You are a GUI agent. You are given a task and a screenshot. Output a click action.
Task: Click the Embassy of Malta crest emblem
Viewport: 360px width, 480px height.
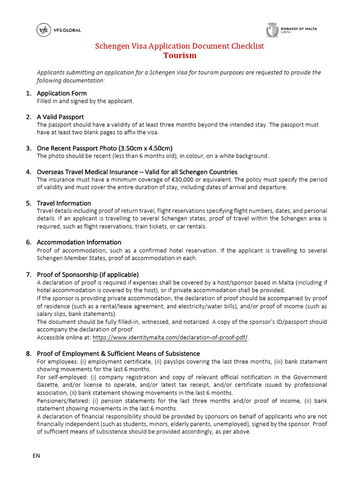(271, 30)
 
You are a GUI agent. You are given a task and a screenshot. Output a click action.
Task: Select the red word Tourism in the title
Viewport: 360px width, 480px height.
(180, 56)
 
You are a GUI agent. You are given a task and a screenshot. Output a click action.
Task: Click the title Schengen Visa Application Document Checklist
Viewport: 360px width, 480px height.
(180, 46)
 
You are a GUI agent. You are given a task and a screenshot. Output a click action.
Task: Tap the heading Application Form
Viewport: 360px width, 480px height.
(61, 93)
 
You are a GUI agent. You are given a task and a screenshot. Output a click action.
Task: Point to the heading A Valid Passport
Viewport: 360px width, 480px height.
(60, 117)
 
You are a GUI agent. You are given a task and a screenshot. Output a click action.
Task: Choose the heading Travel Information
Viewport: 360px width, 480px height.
(64, 203)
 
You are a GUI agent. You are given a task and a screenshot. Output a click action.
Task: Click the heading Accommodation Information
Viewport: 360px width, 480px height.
(79, 242)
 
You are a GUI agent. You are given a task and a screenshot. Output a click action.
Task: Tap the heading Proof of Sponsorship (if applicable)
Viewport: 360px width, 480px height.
(88, 274)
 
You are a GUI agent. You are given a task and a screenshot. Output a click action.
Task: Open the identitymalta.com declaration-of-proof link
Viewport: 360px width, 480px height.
(170, 337)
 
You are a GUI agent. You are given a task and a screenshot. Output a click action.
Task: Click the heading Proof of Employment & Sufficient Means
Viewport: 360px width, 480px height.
(118, 353)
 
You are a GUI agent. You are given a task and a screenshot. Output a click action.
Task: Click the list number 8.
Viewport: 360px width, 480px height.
(29, 353)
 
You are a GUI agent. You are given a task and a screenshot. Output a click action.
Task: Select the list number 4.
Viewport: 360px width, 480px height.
(29, 172)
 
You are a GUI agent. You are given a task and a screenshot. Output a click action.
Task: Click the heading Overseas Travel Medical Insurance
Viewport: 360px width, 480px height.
(137, 172)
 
